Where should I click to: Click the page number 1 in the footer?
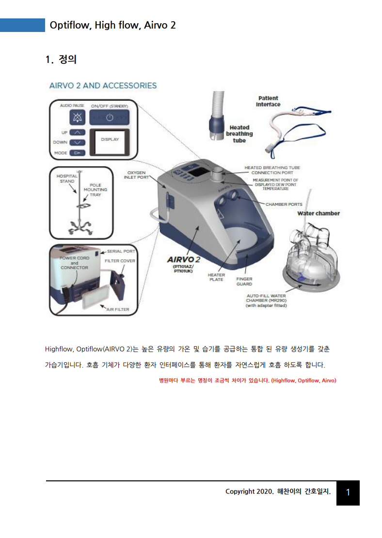tap(348, 492)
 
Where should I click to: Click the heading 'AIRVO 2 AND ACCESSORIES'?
tap(103, 86)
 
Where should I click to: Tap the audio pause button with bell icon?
tap(78, 117)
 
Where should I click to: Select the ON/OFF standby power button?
tap(109, 118)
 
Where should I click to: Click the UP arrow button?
tap(78, 132)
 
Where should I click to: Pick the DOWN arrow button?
tap(78, 142)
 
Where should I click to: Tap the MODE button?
tap(78, 153)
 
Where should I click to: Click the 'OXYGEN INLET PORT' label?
tap(136, 174)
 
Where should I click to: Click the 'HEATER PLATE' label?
tap(216, 277)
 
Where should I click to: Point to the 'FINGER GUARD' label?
tap(244, 281)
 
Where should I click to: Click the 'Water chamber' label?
tap(318, 213)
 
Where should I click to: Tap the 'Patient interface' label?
tap(268, 101)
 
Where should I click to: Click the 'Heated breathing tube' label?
tap(239, 134)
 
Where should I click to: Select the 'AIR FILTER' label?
tap(118, 309)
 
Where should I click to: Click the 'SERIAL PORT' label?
tap(121, 251)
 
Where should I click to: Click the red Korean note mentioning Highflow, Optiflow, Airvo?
tap(247, 380)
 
